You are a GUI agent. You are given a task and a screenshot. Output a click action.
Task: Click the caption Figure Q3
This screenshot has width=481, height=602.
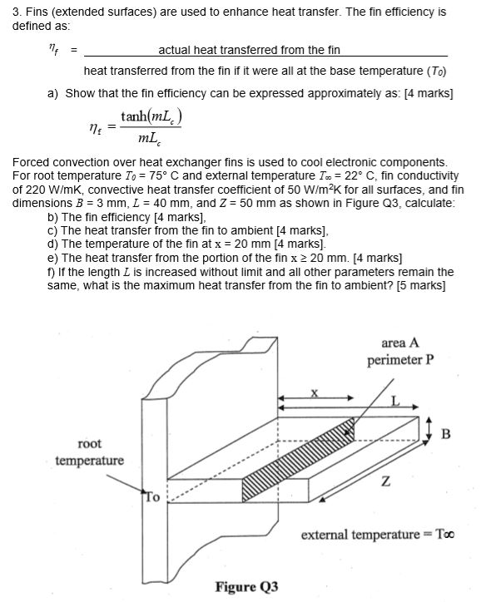[246, 587]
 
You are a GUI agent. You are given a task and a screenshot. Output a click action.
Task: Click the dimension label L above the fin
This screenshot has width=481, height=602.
[396, 402]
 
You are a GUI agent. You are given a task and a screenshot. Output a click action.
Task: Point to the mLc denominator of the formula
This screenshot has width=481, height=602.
[151, 144]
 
